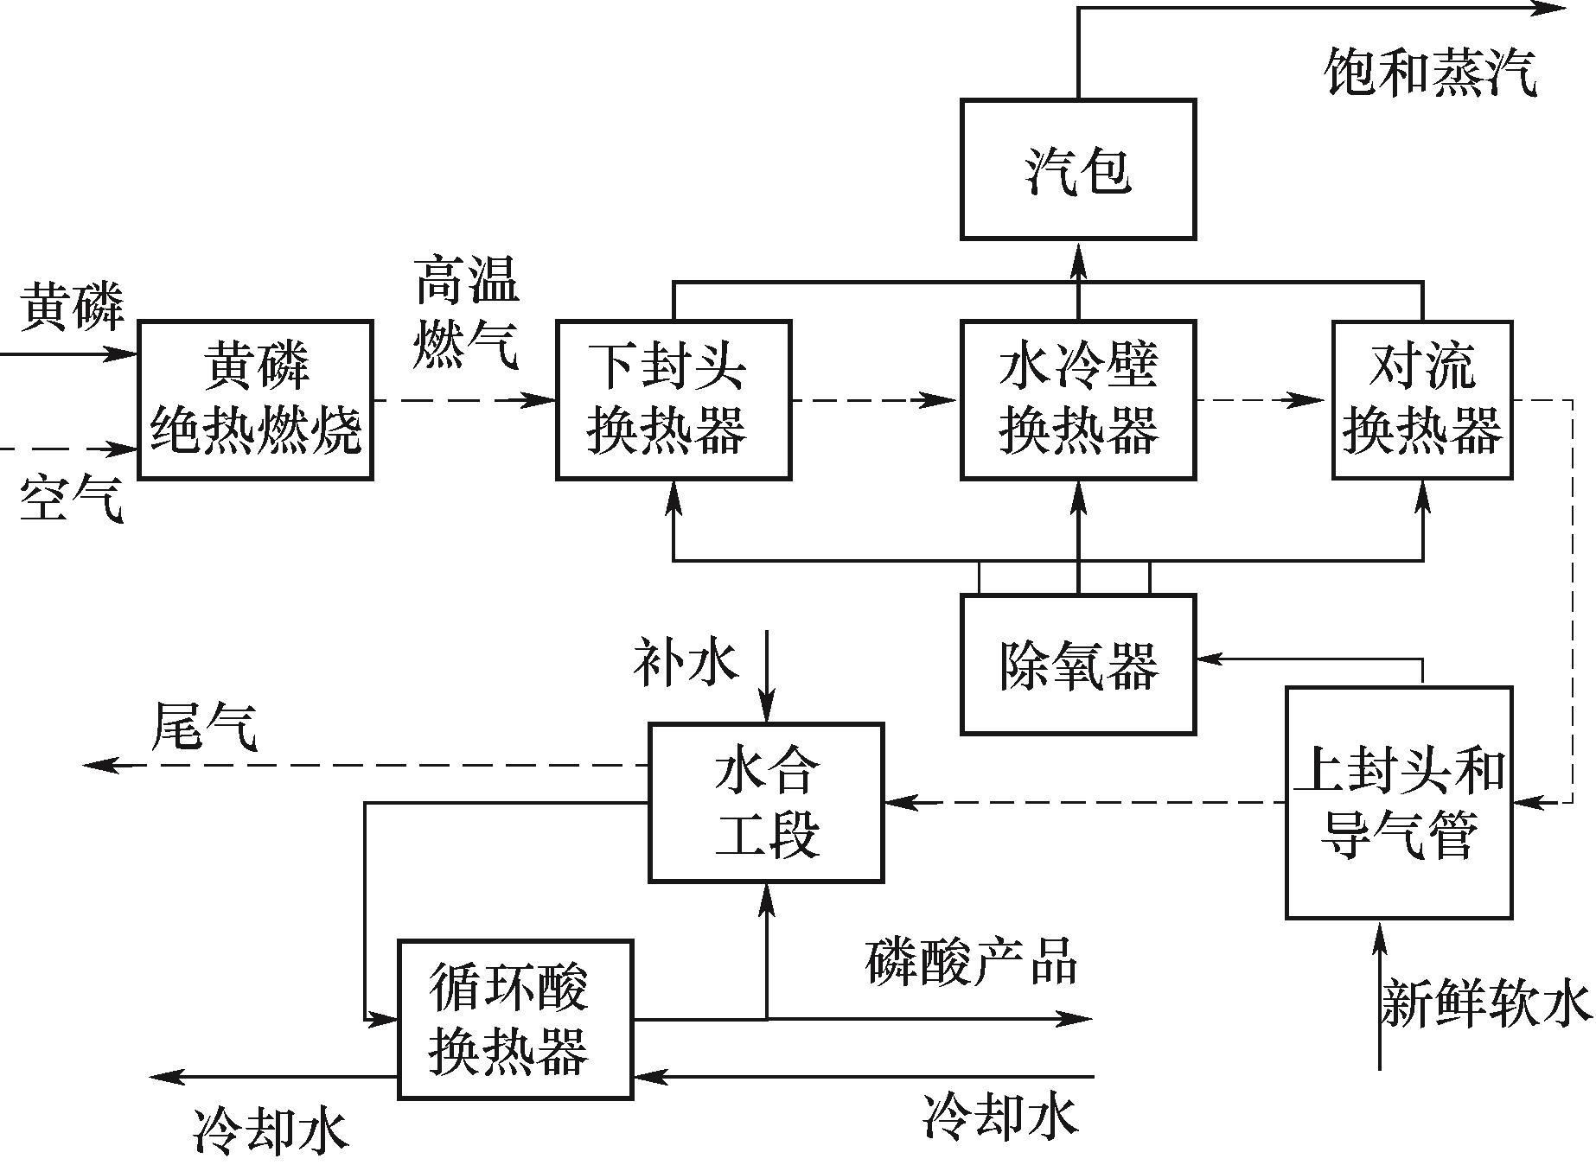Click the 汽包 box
coord(1078,169)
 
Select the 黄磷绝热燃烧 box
coord(256,399)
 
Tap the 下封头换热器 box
coord(674,399)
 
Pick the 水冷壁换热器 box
coord(1078,399)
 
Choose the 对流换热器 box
coord(1422,399)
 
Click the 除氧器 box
coord(1078,665)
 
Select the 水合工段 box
coord(766,803)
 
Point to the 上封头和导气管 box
coord(1399,802)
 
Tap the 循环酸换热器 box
coord(515,1020)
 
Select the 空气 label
coord(71,500)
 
